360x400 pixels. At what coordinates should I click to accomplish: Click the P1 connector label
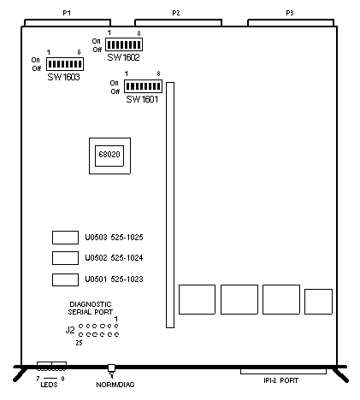point(67,13)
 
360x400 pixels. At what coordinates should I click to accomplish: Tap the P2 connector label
point(176,13)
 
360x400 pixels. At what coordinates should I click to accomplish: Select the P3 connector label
point(290,13)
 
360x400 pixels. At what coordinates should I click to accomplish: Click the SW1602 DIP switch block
point(124,44)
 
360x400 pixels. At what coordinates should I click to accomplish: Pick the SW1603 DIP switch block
point(65,64)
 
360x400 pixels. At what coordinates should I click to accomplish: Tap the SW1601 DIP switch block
point(143,86)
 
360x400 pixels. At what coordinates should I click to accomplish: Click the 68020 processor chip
point(109,156)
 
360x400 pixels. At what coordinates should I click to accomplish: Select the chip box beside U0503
point(65,238)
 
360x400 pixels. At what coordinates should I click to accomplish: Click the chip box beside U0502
point(65,258)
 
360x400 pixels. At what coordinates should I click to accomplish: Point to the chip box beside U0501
point(65,279)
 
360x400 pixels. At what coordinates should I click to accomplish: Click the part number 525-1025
point(127,238)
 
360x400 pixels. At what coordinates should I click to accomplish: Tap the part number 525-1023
point(127,279)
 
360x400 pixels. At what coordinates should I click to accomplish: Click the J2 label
point(70,330)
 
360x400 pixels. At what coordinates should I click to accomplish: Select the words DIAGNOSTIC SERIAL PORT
point(91,309)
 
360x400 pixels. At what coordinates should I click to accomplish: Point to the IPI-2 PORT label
point(280,380)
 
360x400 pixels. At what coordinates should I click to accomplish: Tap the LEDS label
point(49,385)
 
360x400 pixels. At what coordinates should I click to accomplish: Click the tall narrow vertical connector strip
point(170,205)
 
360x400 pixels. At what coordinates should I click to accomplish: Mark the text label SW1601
point(142,99)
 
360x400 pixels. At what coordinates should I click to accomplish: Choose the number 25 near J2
point(79,343)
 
